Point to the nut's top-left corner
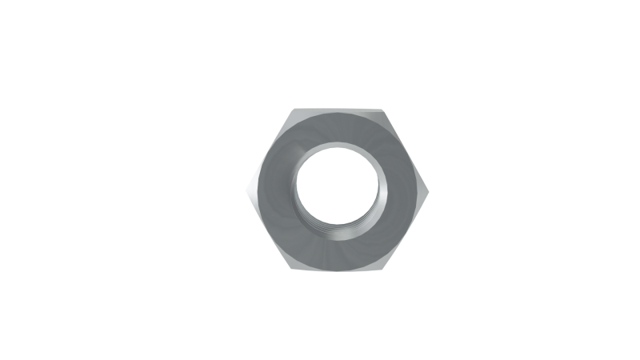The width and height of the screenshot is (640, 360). click(293, 109)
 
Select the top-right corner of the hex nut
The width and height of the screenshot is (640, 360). click(386, 109)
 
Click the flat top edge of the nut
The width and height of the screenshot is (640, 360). click(339, 110)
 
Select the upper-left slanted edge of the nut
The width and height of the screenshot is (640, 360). click(270, 150)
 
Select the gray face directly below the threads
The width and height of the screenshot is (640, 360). click(339, 251)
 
